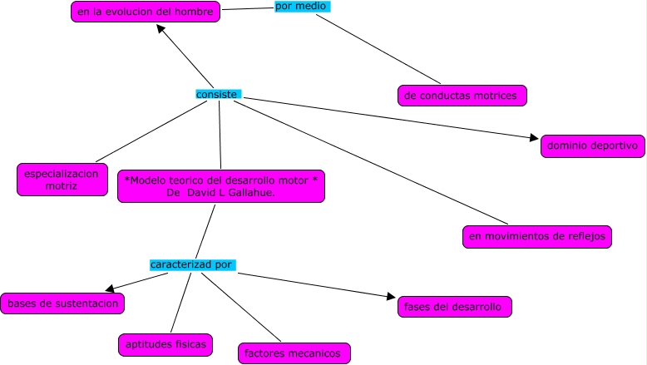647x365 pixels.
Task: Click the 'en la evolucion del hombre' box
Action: click(146, 12)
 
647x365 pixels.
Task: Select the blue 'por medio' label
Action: click(303, 6)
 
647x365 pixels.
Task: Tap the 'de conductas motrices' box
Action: click(462, 96)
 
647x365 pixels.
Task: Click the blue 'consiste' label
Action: click(218, 95)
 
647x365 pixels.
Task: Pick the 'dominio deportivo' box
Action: click(593, 146)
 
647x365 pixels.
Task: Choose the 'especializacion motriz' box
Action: click(62, 180)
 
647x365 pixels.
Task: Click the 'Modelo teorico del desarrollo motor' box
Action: click(221, 186)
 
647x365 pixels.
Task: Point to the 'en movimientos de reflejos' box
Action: click(537, 237)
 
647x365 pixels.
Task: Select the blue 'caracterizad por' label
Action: click(193, 264)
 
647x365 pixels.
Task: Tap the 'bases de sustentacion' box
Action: click(62, 303)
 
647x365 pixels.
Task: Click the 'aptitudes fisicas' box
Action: click(165, 345)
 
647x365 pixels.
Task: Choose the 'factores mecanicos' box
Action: click(294, 353)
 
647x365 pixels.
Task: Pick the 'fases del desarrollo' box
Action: click(455, 307)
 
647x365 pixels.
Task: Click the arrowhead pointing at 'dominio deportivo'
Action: click(535, 138)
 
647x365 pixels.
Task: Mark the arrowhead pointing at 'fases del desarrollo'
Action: click(391, 296)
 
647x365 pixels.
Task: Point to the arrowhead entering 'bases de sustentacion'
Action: click(109, 289)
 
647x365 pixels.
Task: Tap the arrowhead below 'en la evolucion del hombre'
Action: click(161, 28)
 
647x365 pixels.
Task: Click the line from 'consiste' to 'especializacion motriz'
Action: click(151, 131)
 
